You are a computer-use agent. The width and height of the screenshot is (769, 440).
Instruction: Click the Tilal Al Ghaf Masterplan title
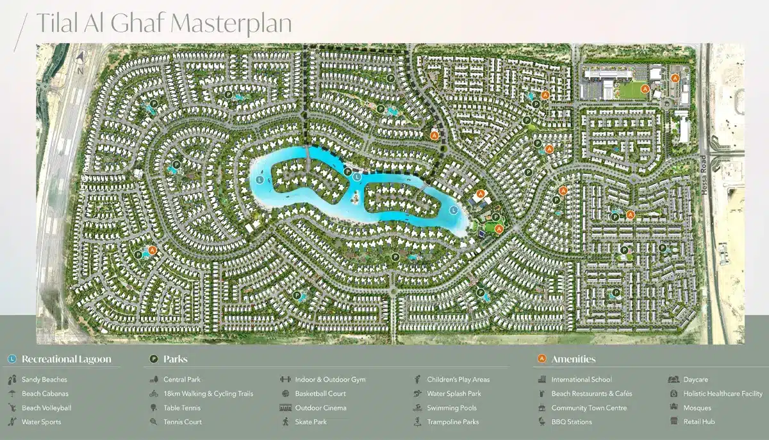pyautogui.click(x=163, y=23)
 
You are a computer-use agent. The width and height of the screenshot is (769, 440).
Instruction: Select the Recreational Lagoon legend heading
pyautogui.click(x=66, y=359)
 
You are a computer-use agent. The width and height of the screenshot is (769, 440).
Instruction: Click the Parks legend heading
pyautogui.click(x=175, y=359)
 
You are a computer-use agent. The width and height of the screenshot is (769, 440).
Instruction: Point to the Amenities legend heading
pyautogui.click(x=573, y=359)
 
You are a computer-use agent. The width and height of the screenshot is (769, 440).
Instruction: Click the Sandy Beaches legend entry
pyautogui.click(x=44, y=380)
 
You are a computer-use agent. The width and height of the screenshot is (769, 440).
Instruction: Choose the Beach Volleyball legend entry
pyautogui.click(x=46, y=408)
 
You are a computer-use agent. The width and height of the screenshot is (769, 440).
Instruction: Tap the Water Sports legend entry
pyautogui.click(x=41, y=422)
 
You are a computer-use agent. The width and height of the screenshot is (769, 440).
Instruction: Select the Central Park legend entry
pyautogui.click(x=182, y=380)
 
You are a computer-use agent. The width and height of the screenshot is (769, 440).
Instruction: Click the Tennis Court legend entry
pyautogui.click(x=183, y=422)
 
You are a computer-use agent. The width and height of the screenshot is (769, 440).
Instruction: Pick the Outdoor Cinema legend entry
pyautogui.click(x=320, y=408)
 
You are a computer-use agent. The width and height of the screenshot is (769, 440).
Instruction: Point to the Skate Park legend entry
pyautogui.click(x=311, y=422)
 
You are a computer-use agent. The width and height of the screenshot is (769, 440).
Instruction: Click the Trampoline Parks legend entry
pyautogui.click(x=452, y=422)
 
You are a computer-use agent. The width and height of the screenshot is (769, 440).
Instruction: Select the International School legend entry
pyautogui.click(x=581, y=380)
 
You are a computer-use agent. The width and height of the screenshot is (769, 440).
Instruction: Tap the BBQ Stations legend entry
pyautogui.click(x=571, y=422)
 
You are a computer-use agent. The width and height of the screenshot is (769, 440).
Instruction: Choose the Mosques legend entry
pyautogui.click(x=697, y=408)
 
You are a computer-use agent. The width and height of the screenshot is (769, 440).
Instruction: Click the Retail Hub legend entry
pyautogui.click(x=699, y=422)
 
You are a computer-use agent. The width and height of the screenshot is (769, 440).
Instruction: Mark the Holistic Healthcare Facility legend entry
pyautogui.click(x=722, y=394)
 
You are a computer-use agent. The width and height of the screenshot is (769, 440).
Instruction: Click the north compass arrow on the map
pyautogui.click(x=81, y=56)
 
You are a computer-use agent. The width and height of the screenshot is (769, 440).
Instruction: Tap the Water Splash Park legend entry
pyautogui.click(x=454, y=394)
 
